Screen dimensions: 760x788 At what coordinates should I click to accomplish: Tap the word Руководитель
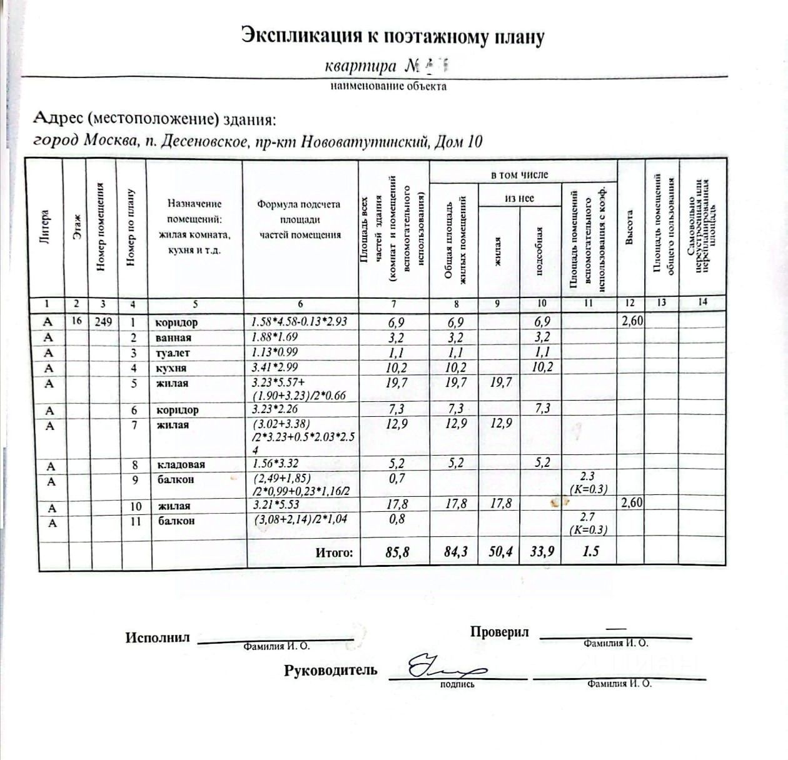click(x=331, y=671)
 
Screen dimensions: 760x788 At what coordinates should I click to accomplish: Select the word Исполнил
click(x=157, y=637)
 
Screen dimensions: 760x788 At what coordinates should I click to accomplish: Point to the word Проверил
click(x=499, y=632)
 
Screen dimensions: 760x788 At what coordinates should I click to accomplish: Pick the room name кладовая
click(x=181, y=464)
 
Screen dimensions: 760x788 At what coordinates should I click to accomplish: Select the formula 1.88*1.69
click(x=275, y=337)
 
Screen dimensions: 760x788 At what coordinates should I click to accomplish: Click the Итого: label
click(x=334, y=552)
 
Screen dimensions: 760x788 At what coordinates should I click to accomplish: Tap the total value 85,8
click(x=397, y=552)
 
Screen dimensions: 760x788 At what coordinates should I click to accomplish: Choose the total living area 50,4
click(x=500, y=551)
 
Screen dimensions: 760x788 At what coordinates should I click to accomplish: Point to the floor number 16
click(x=77, y=322)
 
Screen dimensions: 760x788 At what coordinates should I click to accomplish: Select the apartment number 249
click(x=103, y=322)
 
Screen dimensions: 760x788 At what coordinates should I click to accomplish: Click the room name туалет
click(x=173, y=352)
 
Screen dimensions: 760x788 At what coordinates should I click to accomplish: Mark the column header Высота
click(x=630, y=228)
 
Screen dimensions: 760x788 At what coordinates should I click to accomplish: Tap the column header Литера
click(x=44, y=228)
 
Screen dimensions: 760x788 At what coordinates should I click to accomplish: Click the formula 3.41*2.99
click(x=275, y=367)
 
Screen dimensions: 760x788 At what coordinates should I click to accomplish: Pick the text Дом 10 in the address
click(x=458, y=142)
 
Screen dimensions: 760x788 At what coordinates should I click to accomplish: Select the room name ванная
click(x=173, y=337)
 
